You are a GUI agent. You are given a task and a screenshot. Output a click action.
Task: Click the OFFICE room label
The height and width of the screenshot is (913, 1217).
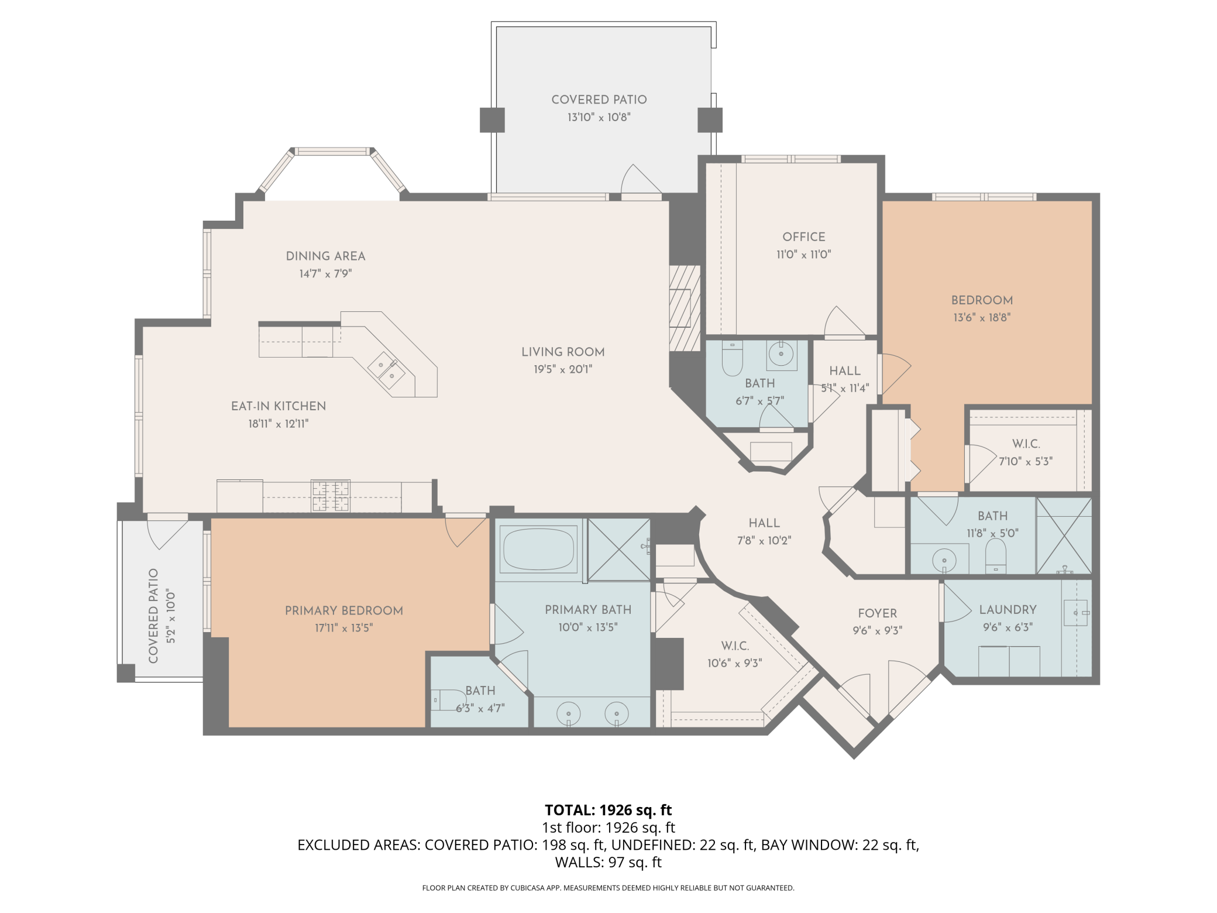[x=803, y=237]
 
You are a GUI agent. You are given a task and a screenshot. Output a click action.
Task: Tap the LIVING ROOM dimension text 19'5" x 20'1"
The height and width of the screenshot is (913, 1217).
[x=562, y=369]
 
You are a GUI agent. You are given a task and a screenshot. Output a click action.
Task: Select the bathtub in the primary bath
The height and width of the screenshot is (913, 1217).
[x=538, y=548]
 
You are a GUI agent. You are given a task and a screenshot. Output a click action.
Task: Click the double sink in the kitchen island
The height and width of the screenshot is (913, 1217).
[x=386, y=370]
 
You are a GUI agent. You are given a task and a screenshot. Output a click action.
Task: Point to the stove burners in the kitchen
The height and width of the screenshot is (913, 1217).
[x=330, y=495]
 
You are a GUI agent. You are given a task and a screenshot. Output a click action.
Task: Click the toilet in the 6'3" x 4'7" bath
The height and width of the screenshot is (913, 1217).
[x=448, y=699]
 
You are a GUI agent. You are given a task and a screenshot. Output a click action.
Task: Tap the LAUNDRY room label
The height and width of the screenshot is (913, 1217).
[x=1008, y=610]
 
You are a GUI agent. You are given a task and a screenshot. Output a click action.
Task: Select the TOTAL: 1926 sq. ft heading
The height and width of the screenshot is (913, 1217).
[x=608, y=810]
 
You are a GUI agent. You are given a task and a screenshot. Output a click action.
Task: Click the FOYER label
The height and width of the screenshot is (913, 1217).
[x=877, y=613]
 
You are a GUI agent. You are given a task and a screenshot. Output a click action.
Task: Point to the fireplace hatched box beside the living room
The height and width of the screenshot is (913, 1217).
[x=684, y=308]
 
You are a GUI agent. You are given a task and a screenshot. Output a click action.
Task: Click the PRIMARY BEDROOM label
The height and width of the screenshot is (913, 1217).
[x=343, y=611]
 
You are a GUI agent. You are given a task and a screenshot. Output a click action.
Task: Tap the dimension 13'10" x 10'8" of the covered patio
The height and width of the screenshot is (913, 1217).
[x=599, y=118]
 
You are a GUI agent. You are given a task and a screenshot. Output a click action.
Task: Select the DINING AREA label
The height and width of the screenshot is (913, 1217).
[x=325, y=256]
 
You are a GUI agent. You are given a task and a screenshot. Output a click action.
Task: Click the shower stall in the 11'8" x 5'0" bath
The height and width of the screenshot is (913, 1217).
[x=1064, y=536]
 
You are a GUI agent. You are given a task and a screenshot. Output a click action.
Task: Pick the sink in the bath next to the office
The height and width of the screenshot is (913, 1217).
[x=781, y=353]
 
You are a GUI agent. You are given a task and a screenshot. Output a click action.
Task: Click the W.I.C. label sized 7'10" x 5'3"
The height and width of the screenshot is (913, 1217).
[x=1026, y=444]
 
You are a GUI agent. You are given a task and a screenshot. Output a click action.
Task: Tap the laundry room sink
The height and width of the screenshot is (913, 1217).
[x=1075, y=613]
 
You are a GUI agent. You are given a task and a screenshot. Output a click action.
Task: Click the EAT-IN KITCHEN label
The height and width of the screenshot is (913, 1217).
[x=278, y=406]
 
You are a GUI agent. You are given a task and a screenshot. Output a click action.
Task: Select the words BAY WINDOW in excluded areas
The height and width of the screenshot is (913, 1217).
[x=807, y=845]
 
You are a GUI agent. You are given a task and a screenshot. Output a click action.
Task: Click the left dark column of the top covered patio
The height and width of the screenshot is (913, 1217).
[x=492, y=120]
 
